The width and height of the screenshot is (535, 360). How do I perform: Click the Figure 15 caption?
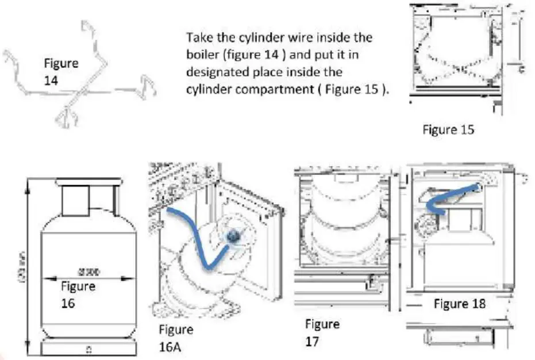click(x=448, y=129)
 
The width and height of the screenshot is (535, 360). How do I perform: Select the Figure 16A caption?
click(x=176, y=339)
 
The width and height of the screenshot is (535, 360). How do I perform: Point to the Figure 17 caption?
click(x=322, y=332)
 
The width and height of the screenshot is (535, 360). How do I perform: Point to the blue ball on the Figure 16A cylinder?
click(x=233, y=236)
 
